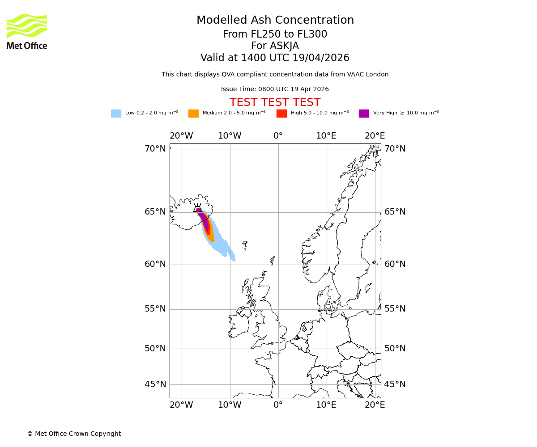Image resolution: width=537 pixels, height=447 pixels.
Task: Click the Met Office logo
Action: coord(27,31)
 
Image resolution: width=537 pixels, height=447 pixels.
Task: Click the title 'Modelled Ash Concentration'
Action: coord(275,21)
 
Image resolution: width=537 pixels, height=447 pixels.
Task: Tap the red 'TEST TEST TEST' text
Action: coord(275,103)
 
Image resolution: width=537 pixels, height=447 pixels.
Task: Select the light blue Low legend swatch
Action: coord(116,114)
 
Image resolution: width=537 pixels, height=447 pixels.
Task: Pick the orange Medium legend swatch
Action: coord(193,114)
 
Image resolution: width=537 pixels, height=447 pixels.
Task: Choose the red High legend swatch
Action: coord(281,114)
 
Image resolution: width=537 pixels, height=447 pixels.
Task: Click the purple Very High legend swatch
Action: coord(364,114)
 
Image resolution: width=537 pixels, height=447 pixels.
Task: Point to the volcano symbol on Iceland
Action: coord(197,208)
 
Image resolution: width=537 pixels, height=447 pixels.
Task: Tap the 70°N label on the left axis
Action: coord(155,149)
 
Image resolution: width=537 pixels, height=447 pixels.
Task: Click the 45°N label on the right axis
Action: coord(395,384)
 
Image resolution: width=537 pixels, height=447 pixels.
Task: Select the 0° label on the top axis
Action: coord(278,136)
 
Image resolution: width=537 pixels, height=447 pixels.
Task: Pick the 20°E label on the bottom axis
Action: coord(375,405)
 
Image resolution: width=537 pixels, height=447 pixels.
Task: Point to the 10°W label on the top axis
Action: coord(230,136)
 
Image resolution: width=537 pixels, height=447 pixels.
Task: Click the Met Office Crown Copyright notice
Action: coord(74,434)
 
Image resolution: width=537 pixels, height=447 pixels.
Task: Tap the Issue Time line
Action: coord(275,89)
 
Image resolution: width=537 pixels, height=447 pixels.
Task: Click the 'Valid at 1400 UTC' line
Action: coord(275,58)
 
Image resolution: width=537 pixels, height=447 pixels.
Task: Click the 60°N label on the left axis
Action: coord(155,264)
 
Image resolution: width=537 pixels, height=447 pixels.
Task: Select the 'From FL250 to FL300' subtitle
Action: coord(275,34)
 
